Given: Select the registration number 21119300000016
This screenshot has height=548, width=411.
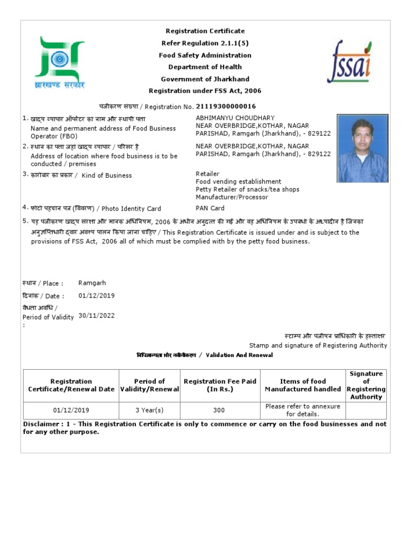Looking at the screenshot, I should coord(226,106).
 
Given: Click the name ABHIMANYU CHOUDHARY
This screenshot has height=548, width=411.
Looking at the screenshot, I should coord(235,118).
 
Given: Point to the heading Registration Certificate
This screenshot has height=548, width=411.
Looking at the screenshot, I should coord(205,31).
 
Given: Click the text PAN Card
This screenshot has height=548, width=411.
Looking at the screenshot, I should coord(210,208).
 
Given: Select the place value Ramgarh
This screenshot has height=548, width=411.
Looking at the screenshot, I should coord(92,283).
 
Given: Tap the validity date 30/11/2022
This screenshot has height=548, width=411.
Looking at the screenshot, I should coord(96,316).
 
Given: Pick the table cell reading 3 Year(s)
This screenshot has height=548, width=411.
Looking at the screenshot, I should coord(149,410).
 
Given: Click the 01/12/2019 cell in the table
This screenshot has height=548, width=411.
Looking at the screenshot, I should coord(71,410).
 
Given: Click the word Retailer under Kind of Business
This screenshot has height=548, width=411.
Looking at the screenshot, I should coord(208,174).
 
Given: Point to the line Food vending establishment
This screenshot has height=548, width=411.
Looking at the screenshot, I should coord(238,181).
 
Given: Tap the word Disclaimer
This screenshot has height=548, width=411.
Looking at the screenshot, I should coord(41,424).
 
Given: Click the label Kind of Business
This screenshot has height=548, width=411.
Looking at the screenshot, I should coord(106,176).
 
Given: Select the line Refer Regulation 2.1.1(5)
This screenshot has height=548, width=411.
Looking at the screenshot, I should coord(205,43).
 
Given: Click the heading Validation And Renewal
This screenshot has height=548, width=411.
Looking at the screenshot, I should coord(239,355).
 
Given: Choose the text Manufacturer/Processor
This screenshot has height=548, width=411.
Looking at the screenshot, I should coord(232,197).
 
